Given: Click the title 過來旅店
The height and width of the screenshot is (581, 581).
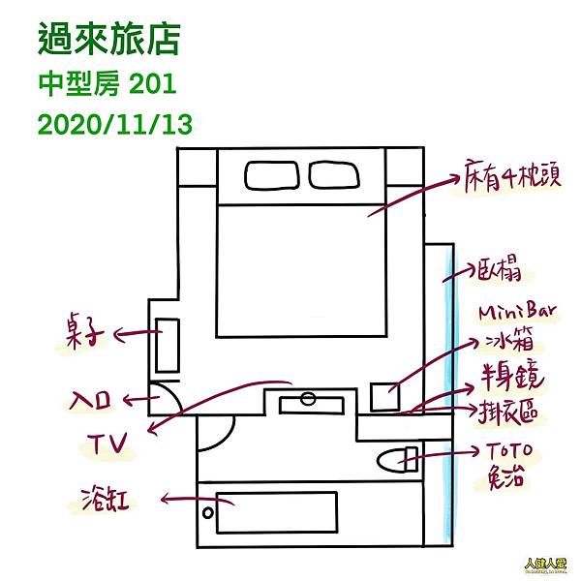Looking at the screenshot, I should click(x=108, y=41).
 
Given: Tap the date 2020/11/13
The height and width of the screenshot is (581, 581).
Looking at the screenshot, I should click(x=113, y=124).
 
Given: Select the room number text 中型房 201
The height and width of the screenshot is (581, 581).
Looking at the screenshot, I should click(x=107, y=84).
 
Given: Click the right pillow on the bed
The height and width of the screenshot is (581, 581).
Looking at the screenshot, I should click(x=335, y=174).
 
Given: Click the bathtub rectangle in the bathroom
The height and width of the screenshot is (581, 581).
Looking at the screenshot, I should click(x=276, y=510).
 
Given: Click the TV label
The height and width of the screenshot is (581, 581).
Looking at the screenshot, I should click(x=106, y=443).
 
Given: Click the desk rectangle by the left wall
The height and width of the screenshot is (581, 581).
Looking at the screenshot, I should click(x=168, y=346).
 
